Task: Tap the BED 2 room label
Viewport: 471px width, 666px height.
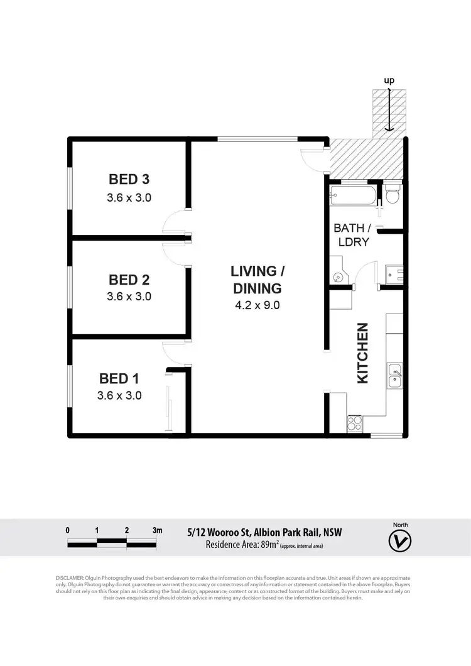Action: coord(129,279)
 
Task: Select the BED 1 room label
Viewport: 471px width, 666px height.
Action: coord(119,378)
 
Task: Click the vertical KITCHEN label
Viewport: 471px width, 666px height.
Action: coord(362,353)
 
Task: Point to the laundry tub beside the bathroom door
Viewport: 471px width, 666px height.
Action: coord(394,274)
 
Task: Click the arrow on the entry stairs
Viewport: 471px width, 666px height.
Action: coord(389,111)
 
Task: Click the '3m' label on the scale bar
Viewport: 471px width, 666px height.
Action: coord(157,530)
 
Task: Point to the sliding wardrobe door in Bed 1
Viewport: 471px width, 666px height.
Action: coord(168,408)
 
